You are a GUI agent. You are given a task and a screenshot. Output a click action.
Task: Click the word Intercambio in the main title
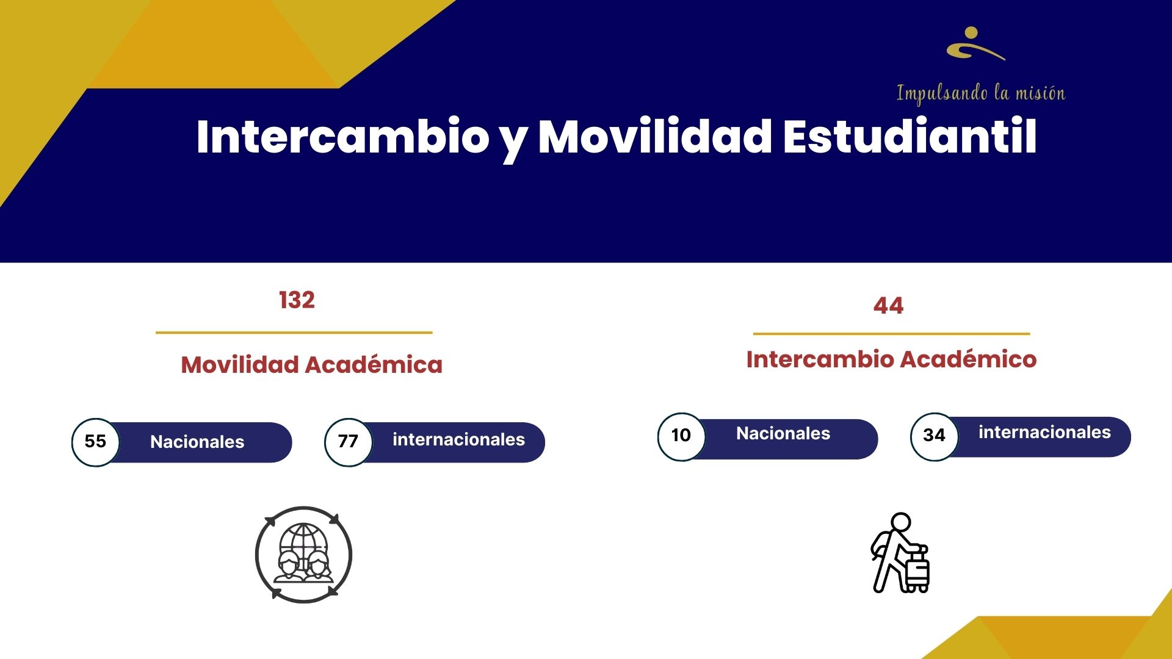pyautogui.click(x=342, y=136)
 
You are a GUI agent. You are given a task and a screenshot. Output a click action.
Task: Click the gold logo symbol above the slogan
pyautogui.click(x=975, y=43)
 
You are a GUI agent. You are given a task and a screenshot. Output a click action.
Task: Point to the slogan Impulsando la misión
pyautogui.click(x=981, y=93)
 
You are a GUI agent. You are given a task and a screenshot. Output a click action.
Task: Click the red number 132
pyautogui.click(x=297, y=300)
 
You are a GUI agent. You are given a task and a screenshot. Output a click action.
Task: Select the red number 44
pyautogui.click(x=888, y=305)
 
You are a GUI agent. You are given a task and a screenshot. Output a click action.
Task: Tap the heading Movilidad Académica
pyautogui.click(x=311, y=365)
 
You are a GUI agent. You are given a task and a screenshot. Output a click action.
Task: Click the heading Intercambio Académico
pyautogui.click(x=891, y=359)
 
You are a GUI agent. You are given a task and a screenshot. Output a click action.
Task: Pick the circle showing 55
pyautogui.click(x=95, y=442)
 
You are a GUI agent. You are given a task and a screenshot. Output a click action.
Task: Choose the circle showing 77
pyautogui.click(x=348, y=442)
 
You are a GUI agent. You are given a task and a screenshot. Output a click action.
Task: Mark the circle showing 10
pyautogui.click(x=681, y=436)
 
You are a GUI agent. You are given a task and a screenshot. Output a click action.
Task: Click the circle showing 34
pyautogui.click(x=934, y=436)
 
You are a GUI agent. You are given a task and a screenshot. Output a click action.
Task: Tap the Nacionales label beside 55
pyautogui.click(x=197, y=442)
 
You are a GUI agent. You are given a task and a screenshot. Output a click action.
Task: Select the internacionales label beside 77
pyautogui.click(x=458, y=439)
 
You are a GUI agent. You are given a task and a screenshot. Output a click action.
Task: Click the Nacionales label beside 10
pyautogui.click(x=783, y=433)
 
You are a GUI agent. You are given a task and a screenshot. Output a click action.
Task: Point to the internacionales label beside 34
pyautogui.click(x=1044, y=432)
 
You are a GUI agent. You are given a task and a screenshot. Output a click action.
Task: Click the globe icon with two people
pyautogui.click(x=303, y=554)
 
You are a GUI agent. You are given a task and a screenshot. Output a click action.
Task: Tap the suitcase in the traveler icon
pyautogui.click(x=916, y=571)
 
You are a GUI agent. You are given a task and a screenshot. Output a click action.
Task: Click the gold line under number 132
pyautogui.click(x=294, y=333)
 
